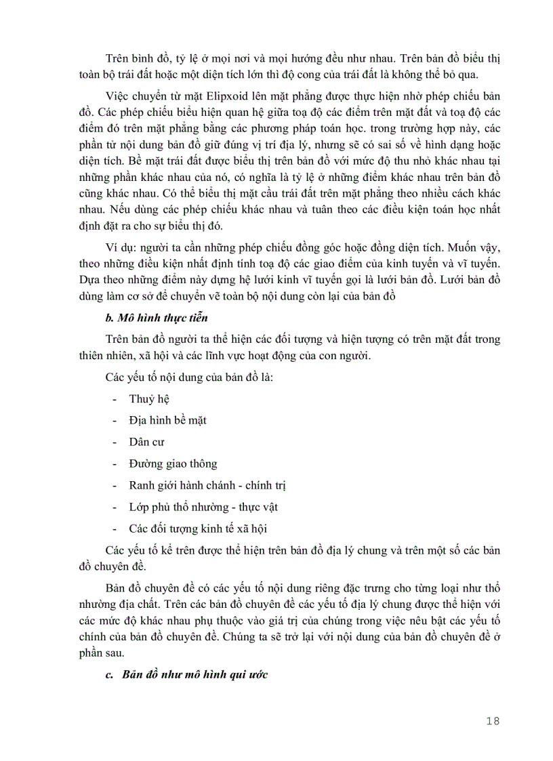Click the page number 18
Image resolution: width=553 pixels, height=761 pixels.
(x=493, y=721)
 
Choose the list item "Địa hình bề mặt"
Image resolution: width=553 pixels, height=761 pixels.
(x=167, y=420)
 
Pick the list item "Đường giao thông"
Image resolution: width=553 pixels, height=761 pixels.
(x=173, y=464)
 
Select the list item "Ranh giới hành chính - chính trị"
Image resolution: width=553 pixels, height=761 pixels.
(x=207, y=485)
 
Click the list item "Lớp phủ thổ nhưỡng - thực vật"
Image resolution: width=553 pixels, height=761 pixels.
(x=203, y=506)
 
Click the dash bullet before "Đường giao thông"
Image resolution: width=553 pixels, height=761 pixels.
(x=115, y=464)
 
